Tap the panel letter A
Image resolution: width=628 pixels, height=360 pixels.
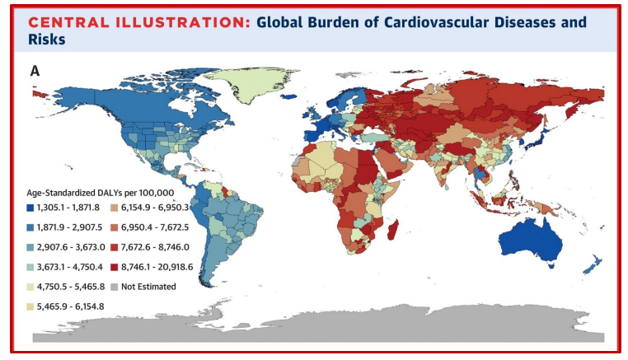point(35,71)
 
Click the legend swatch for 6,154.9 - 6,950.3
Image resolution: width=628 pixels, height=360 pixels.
point(113,208)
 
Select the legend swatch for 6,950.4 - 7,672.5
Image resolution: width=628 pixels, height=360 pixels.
point(113,227)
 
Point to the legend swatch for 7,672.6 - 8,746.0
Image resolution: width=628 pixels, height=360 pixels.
point(113,247)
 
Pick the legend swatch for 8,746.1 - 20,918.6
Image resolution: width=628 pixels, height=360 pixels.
point(113,267)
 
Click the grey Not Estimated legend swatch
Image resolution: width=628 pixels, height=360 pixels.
point(113,287)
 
